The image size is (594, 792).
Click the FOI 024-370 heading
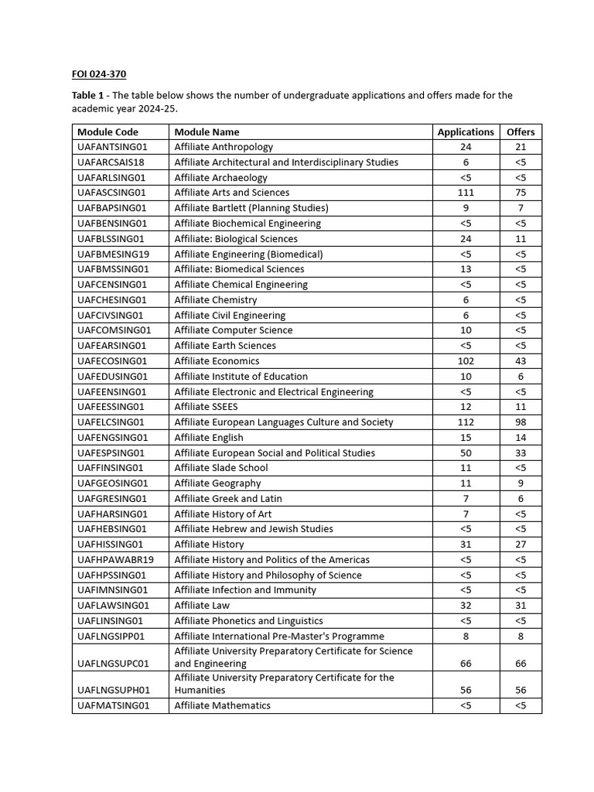pyautogui.click(x=99, y=74)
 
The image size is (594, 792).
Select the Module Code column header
pyautogui.click(x=108, y=131)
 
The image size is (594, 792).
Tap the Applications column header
pyautogui.click(x=466, y=131)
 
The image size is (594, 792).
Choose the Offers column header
pyautogui.click(x=521, y=131)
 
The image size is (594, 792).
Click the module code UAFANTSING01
pyautogui.click(x=112, y=147)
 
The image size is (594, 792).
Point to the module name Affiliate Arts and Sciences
pyautogui.click(x=232, y=193)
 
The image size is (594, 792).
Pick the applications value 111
pyautogui.click(x=466, y=193)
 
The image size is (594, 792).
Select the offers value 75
pyautogui.click(x=521, y=193)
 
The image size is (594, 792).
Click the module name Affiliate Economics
pyautogui.click(x=217, y=361)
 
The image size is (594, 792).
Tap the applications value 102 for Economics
pyautogui.click(x=466, y=361)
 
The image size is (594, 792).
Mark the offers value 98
pyautogui.click(x=521, y=422)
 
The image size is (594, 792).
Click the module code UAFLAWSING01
pyautogui.click(x=114, y=606)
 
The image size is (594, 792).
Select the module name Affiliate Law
pyautogui.click(x=202, y=606)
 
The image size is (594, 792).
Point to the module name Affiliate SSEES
pyautogui.click(x=206, y=407)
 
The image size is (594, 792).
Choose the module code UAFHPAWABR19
pyautogui.click(x=116, y=560)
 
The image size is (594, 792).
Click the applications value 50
pyautogui.click(x=466, y=452)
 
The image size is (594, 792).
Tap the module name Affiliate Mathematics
pyautogui.click(x=223, y=705)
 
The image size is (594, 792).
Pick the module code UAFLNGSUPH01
pyautogui.click(x=114, y=690)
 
